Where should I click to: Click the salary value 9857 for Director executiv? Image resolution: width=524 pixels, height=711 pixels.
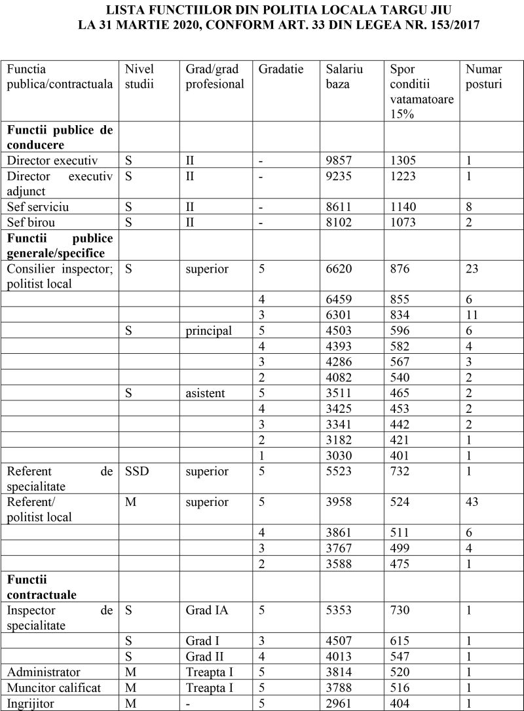pyautogui.click(x=339, y=161)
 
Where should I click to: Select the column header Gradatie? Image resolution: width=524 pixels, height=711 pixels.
pyautogui.click(x=282, y=69)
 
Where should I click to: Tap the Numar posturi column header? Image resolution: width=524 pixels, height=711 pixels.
pyautogui.click(x=485, y=77)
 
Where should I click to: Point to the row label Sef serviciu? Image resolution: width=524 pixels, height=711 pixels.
pyautogui.click(x=38, y=207)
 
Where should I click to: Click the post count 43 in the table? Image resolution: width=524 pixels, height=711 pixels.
pyautogui.click(x=472, y=503)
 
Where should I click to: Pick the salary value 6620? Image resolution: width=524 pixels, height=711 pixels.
pyautogui.click(x=339, y=269)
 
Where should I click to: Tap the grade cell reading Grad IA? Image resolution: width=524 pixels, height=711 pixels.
pyautogui.click(x=207, y=611)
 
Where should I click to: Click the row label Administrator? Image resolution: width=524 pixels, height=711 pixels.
pyautogui.click(x=44, y=672)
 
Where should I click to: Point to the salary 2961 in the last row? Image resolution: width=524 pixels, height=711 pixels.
pyautogui.click(x=339, y=704)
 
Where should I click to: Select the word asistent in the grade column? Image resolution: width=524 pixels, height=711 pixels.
pyautogui.click(x=205, y=393)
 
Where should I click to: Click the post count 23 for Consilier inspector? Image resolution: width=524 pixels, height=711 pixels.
pyautogui.click(x=472, y=269)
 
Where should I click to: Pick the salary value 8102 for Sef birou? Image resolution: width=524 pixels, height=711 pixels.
pyautogui.click(x=339, y=222)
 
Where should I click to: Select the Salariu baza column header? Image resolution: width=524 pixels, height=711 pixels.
pyautogui.click(x=345, y=77)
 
